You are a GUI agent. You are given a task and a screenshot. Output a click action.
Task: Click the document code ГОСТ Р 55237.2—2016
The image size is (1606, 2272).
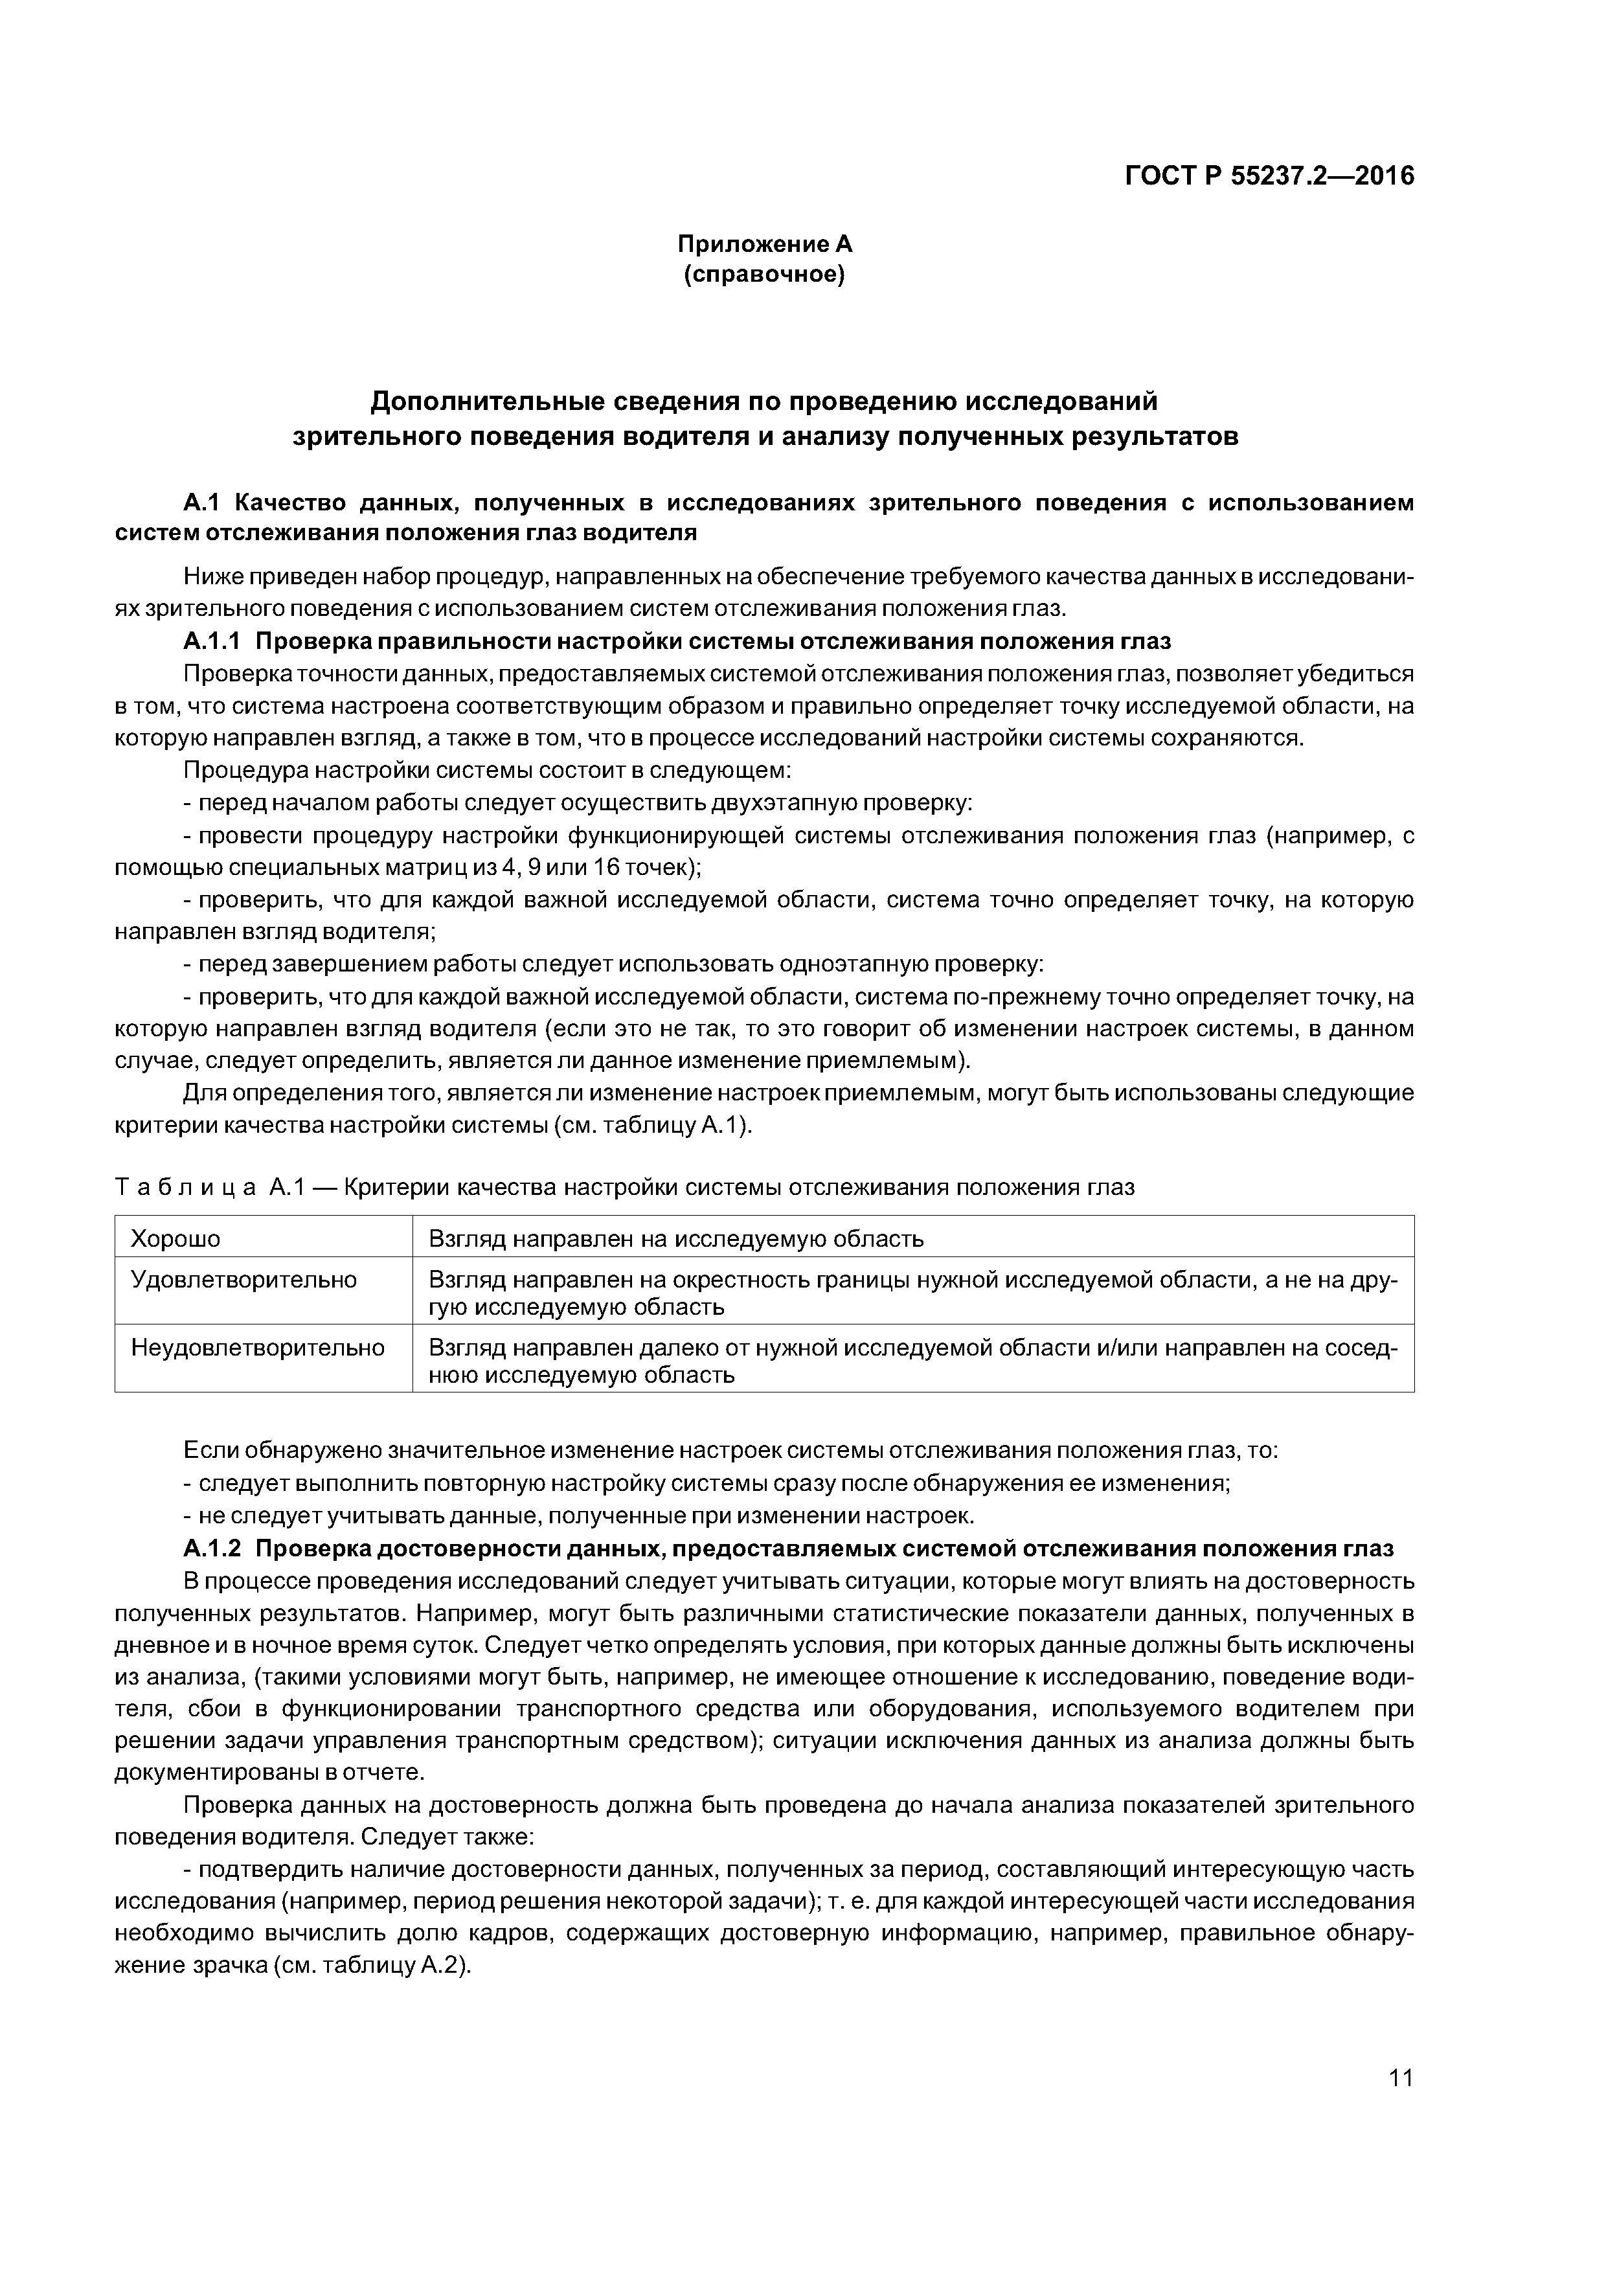[1269, 176]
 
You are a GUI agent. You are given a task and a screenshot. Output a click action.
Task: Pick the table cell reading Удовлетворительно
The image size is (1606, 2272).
[243, 1280]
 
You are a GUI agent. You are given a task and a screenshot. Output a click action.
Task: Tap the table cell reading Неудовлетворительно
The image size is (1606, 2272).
[257, 1348]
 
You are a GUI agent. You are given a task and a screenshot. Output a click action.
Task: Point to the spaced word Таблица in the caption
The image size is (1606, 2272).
[186, 1187]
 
